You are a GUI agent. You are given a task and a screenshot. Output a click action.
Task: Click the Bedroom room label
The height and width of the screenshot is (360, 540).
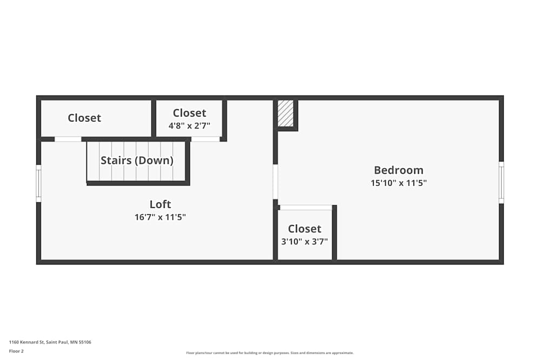click(x=399, y=170)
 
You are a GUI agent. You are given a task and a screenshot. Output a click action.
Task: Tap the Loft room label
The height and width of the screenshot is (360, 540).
click(x=160, y=204)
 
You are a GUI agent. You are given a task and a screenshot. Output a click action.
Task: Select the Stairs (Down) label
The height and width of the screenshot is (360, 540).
click(x=137, y=160)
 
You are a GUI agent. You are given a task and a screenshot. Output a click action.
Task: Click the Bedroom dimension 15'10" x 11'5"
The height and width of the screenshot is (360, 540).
click(x=399, y=183)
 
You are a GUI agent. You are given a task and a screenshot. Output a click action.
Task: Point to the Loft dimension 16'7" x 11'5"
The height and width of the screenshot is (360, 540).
click(x=160, y=217)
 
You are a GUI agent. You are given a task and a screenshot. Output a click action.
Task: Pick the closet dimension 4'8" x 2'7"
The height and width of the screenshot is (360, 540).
click(x=189, y=126)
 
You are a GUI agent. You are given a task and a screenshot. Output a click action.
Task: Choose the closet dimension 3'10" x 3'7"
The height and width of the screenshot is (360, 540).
click(x=305, y=242)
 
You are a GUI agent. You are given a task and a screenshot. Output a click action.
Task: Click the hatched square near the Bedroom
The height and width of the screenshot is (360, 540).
click(x=285, y=113)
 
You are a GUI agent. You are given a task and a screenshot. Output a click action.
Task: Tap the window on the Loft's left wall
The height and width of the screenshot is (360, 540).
click(x=38, y=184)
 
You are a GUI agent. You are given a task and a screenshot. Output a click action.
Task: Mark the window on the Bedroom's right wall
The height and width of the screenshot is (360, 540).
click(x=501, y=182)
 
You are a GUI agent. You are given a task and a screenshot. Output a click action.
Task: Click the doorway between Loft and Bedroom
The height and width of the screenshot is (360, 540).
click(x=275, y=182)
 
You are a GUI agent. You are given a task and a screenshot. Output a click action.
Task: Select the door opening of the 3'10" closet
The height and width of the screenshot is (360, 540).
click(x=306, y=207)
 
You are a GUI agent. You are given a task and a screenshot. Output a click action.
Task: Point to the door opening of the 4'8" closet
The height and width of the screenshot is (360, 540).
click(x=206, y=139)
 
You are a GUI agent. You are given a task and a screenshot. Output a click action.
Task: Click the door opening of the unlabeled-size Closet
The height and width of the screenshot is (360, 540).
click(x=68, y=139)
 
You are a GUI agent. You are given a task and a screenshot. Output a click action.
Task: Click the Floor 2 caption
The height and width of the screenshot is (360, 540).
click(x=16, y=351)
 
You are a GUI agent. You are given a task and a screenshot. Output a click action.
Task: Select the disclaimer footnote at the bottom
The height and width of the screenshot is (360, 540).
click(x=270, y=353)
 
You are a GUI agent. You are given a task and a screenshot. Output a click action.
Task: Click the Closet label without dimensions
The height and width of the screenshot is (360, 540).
click(x=84, y=118)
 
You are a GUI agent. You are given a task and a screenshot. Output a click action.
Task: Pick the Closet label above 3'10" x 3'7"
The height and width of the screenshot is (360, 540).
click(x=305, y=229)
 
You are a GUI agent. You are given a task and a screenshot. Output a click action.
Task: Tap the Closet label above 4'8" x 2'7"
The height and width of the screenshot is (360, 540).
click(x=189, y=113)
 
